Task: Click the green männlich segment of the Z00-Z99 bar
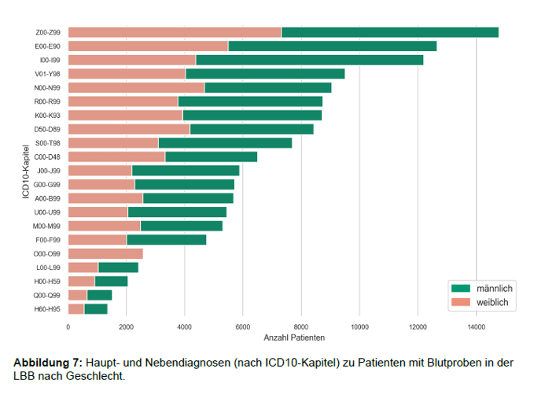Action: click(389, 32)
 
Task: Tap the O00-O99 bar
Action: click(105, 254)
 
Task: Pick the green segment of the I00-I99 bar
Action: click(309, 60)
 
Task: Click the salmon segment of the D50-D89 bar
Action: click(129, 129)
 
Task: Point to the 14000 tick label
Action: click(475, 326)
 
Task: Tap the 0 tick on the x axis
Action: click(68, 326)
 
